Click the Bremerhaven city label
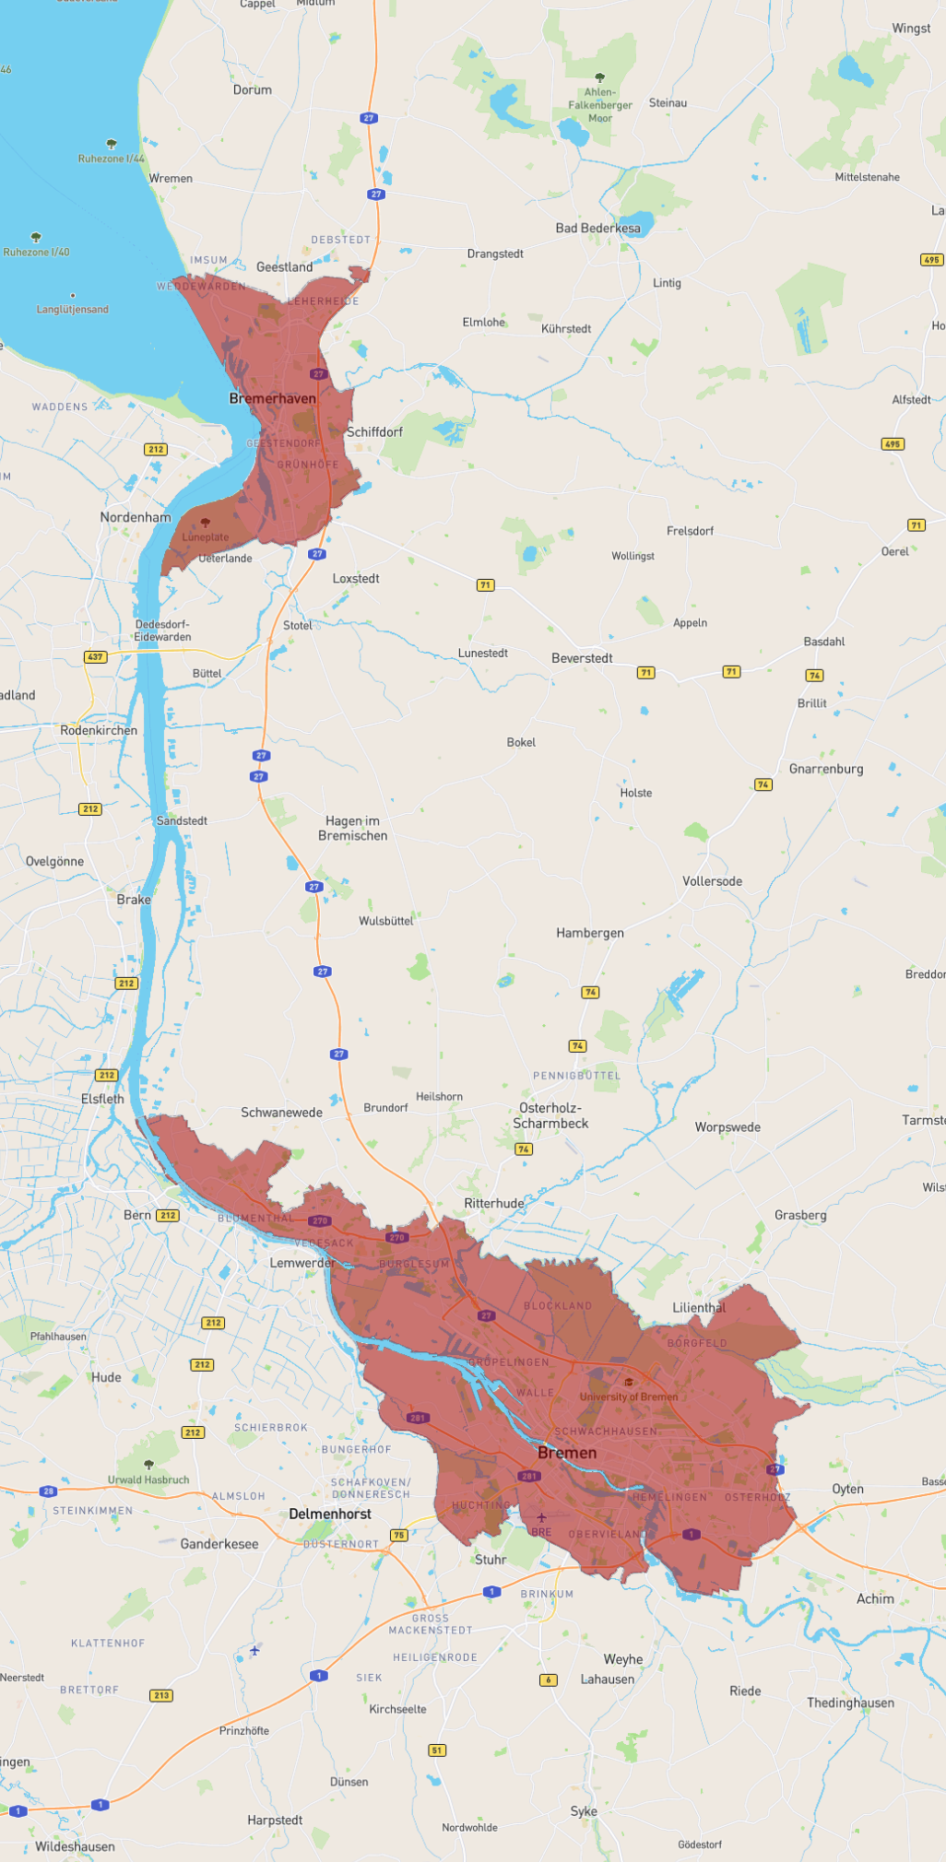click(x=272, y=398)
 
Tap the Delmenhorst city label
click(x=329, y=1514)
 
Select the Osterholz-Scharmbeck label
click(x=550, y=1115)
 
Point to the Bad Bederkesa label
click(x=597, y=228)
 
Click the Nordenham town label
click(x=136, y=517)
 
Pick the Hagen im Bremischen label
click(x=352, y=828)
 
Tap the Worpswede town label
click(x=727, y=1127)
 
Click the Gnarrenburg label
click(x=826, y=769)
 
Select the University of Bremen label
click(x=628, y=1396)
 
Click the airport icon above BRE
click(x=541, y=1517)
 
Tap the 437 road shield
click(x=95, y=657)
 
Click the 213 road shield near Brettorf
click(x=161, y=1695)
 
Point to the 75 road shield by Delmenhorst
click(x=398, y=1535)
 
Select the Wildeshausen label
click(x=75, y=1846)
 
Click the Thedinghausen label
click(x=850, y=1703)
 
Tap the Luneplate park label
click(x=205, y=536)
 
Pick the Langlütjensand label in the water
click(x=72, y=309)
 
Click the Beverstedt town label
click(x=582, y=658)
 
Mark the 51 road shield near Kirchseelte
click(x=437, y=1750)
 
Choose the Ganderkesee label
click(x=219, y=1544)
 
